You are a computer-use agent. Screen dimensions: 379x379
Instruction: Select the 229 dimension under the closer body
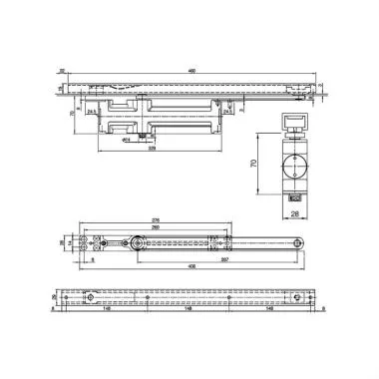click(x=152, y=157)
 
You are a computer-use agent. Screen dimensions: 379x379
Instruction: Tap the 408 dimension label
click(x=191, y=267)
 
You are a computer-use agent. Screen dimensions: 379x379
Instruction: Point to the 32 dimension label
click(x=61, y=70)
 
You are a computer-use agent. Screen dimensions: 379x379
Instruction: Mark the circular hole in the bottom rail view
click(x=91, y=298)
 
